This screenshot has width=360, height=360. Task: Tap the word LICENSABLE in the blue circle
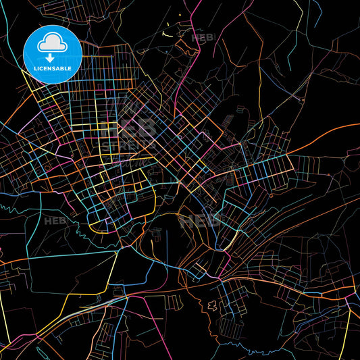coord(53,69)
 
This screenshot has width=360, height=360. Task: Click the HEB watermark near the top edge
coord(203,38)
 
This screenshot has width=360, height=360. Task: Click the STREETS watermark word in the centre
coord(138,145)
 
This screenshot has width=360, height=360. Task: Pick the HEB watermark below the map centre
coord(200,219)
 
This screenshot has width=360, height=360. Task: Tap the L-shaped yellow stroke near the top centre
coord(166,30)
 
